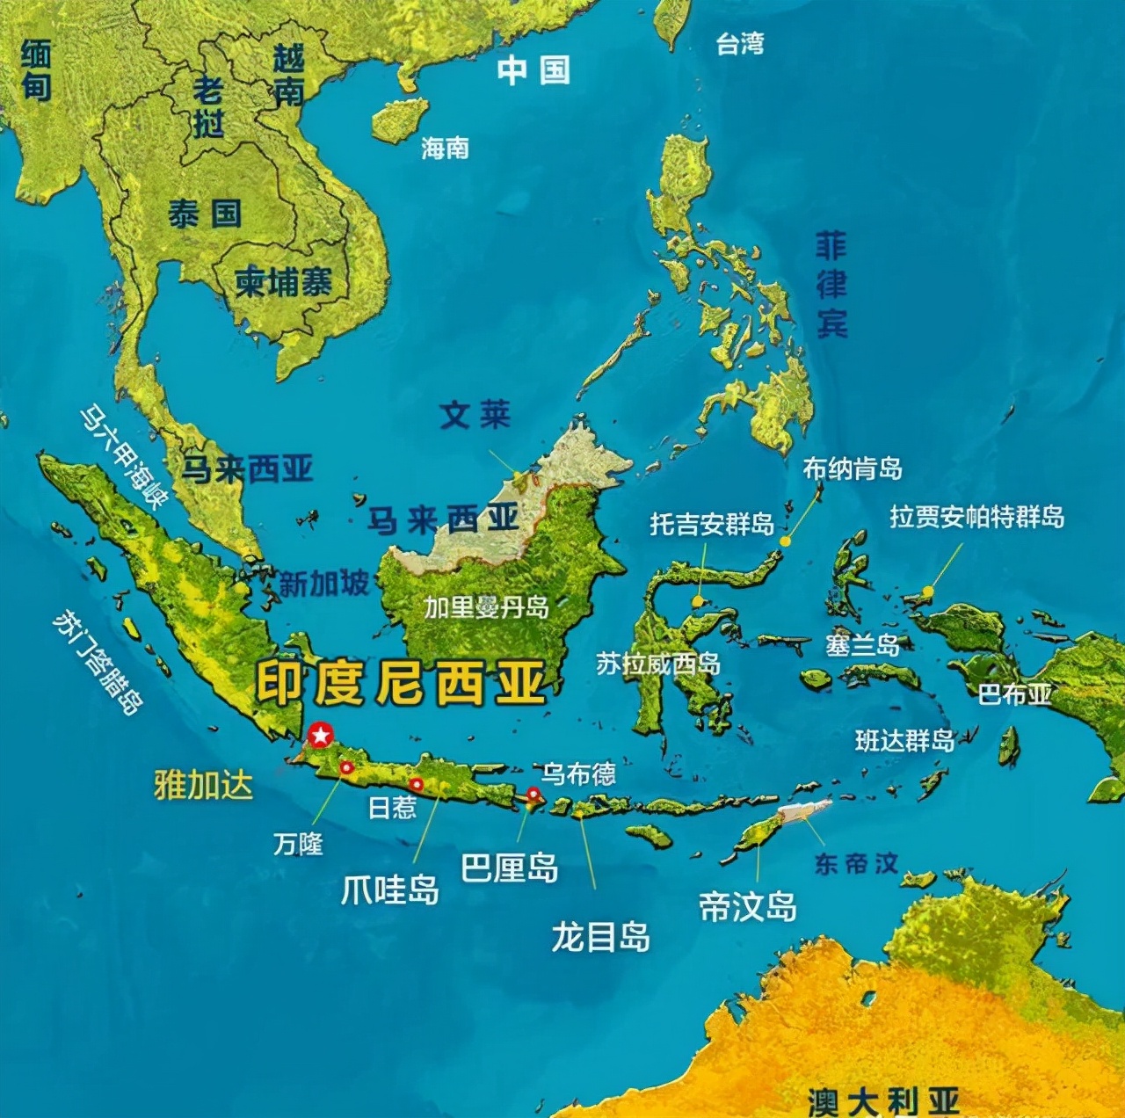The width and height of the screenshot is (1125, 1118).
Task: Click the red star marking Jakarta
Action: pos(321,734)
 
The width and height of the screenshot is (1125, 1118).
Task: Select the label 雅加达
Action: pos(203,785)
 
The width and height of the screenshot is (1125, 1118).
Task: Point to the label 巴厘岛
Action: pos(510,868)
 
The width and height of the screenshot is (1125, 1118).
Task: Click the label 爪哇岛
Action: pos(389,890)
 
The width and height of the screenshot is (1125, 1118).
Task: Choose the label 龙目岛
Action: pos(600,937)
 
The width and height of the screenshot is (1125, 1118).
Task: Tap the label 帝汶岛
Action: pos(747,905)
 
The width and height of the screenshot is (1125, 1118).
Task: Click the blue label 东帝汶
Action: pos(856,863)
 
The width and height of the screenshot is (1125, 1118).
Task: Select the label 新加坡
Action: pos(323,584)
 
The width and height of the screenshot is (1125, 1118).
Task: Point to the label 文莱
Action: pos(475,415)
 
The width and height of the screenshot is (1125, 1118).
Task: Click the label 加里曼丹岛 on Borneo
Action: pos(486,607)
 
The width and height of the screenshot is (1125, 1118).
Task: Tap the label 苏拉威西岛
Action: pos(658,664)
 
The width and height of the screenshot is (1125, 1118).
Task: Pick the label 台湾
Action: pos(739,43)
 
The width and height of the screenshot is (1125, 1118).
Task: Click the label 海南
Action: pos(445,148)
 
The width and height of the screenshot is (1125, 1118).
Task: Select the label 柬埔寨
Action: pos(283,283)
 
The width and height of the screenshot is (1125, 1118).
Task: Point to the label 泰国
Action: pos(205,214)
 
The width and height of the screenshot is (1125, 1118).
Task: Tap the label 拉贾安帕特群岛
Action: pos(976,517)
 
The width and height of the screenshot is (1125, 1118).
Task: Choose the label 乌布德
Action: pos(577,773)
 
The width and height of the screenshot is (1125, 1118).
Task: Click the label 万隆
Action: pos(298,845)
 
